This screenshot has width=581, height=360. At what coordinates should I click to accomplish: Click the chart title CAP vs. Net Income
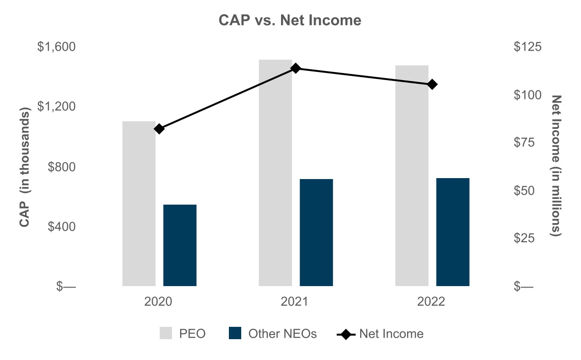pos(290,20)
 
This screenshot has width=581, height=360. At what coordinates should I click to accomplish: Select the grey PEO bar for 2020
pos(139,204)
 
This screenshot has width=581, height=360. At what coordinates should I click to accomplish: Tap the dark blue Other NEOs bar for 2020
pos(180,245)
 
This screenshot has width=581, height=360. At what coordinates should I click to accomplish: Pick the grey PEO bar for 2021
pos(275,173)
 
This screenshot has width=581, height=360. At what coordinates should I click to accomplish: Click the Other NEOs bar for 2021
pos(316,233)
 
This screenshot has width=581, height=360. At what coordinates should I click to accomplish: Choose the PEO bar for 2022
pos(412,176)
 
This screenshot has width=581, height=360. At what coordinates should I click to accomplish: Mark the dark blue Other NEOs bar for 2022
pos(453,232)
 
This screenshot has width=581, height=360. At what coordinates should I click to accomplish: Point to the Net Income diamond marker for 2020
pos(159,129)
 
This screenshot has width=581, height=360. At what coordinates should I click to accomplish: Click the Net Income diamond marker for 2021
pos(295,68)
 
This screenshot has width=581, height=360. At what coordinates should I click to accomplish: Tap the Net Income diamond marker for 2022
pos(432,84)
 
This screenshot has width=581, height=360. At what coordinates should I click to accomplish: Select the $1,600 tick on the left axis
pos(56,47)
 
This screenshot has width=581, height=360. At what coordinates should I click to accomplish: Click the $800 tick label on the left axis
pos(62,167)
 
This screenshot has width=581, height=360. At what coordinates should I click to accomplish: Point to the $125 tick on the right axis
pos(527,47)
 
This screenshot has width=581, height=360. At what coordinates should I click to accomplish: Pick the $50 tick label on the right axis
pos(524,191)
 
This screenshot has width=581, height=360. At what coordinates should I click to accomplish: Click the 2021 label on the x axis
pos(294,302)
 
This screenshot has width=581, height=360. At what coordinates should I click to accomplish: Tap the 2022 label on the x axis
pos(431,302)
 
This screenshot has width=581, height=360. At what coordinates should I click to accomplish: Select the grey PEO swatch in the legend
pos(166,333)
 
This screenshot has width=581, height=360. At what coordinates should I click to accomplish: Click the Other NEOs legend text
pos(282,333)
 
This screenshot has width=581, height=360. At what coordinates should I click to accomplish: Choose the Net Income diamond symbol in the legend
pos(346,334)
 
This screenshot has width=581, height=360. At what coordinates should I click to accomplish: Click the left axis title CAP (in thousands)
pos(25,167)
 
